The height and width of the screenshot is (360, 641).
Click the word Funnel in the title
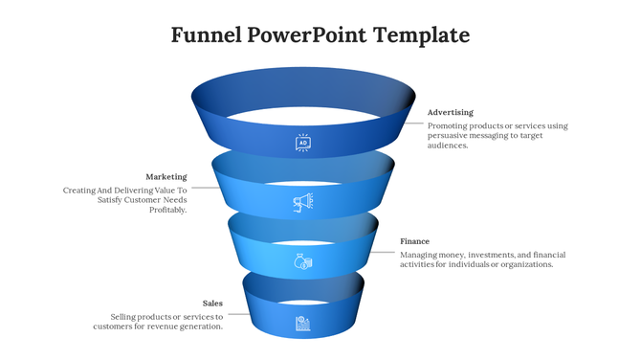[205, 36]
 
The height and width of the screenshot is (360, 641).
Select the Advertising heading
[450, 112]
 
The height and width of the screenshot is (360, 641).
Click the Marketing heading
[166, 176]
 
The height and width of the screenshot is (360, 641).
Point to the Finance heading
[414, 241]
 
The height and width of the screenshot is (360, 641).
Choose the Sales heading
[212, 303]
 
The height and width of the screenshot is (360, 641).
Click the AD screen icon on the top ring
[302, 143]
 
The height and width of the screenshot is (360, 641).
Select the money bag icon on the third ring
[302, 260]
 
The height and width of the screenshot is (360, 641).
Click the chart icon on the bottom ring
[302, 322]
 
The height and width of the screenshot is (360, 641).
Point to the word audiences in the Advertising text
[447, 146]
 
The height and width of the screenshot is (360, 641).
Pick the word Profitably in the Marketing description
[168, 211]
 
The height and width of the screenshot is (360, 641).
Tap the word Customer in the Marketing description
[141, 200]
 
